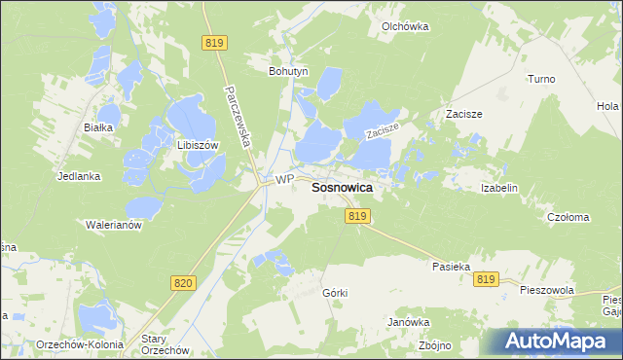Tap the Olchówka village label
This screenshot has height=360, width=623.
point(405,27)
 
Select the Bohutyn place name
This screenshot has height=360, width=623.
point(287,71)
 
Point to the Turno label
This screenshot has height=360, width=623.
point(540,79)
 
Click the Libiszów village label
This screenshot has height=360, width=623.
point(196,144)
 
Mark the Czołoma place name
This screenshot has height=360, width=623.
point(568,218)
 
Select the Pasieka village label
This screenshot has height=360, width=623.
point(451,265)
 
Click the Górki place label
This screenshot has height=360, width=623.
point(334,292)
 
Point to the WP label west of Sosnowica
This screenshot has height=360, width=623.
point(283,180)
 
